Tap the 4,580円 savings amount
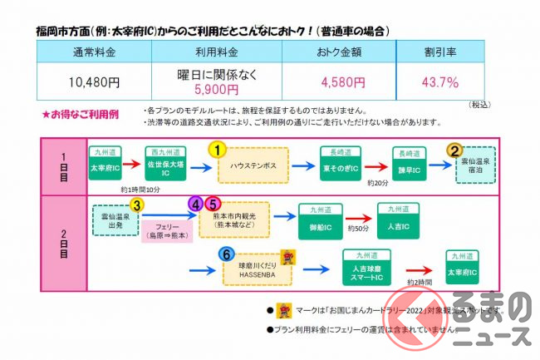[x=342, y=83]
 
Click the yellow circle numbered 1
[x=217, y=150]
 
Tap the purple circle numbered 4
[x=197, y=203]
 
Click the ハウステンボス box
[x=253, y=165]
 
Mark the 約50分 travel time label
[x=358, y=228]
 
